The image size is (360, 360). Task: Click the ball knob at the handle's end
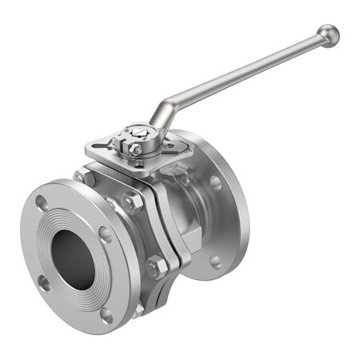pos(328,36)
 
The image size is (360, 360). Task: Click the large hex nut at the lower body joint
pos(157,267)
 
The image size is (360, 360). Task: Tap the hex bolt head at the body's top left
pos(83,177)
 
